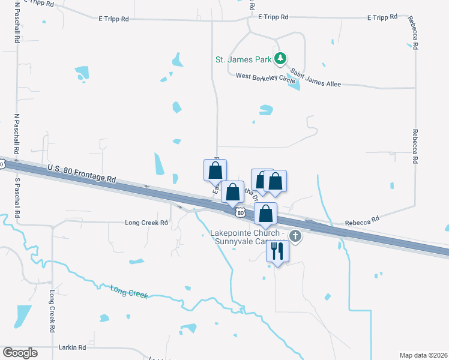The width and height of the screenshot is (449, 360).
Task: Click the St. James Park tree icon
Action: tap(279, 58)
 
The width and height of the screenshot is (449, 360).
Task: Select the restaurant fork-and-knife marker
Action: tap(277, 251)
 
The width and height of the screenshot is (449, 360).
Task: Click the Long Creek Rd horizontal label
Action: tap(146, 223)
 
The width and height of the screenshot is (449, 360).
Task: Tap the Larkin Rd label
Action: tap(72, 347)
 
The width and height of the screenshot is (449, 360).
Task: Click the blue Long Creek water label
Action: tap(128, 292)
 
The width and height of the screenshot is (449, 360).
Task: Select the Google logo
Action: tap(20, 353)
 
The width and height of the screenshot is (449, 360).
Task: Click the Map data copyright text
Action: tap(424, 355)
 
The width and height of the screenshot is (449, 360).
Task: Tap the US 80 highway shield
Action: tap(240, 213)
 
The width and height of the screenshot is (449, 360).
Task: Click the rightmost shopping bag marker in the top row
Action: tap(275, 181)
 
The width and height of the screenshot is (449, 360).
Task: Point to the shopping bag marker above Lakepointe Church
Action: tap(266, 214)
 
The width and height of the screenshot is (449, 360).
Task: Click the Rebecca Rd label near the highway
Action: tap(362, 221)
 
